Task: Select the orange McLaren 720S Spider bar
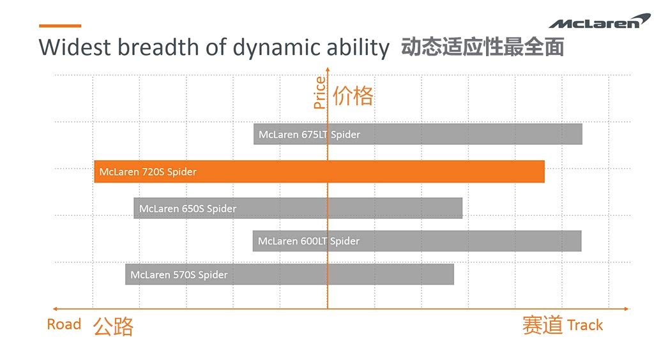tap(319, 172)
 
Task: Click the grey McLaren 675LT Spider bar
tap(418, 134)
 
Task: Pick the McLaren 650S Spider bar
tap(298, 208)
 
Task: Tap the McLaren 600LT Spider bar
tap(417, 241)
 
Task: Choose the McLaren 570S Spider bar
tap(289, 274)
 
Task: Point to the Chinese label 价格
tap(353, 96)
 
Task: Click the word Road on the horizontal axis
tap(64, 324)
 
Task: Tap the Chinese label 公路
tap(113, 326)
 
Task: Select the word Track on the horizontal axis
tap(584, 325)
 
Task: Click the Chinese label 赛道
tap(542, 325)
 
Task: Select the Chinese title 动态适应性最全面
tap(482, 48)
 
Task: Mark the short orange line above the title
tap(60, 26)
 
